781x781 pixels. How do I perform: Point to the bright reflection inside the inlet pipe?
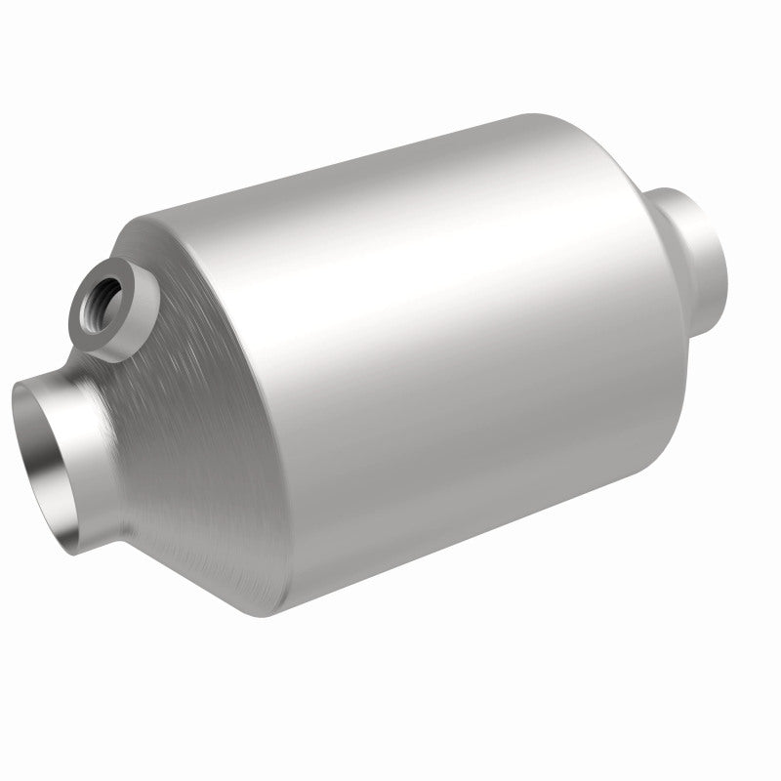coord(45,459)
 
